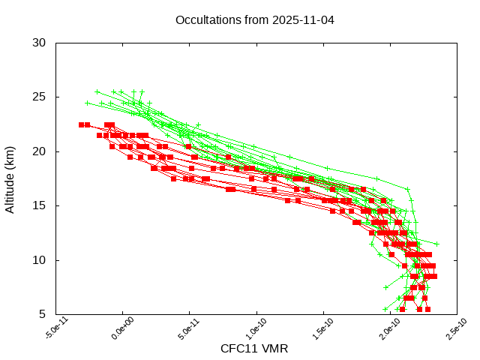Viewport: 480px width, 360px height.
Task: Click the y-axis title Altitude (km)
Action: (x=10, y=178)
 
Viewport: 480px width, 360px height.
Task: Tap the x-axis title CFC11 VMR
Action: (x=254, y=349)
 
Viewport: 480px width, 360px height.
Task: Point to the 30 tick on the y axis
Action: (x=40, y=43)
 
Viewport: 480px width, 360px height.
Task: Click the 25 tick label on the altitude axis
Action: (x=40, y=97)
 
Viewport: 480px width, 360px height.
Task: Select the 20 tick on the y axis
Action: (x=40, y=151)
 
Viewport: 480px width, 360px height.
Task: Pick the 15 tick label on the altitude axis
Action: (x=40, y=205)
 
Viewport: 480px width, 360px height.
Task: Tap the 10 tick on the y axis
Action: (x=40, y=260)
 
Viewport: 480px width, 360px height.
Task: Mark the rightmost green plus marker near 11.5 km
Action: (x=436, y=244)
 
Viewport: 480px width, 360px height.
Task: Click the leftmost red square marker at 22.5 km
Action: (x=81, y=124)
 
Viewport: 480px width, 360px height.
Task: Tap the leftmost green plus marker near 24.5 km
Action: (x=88, y=103)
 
